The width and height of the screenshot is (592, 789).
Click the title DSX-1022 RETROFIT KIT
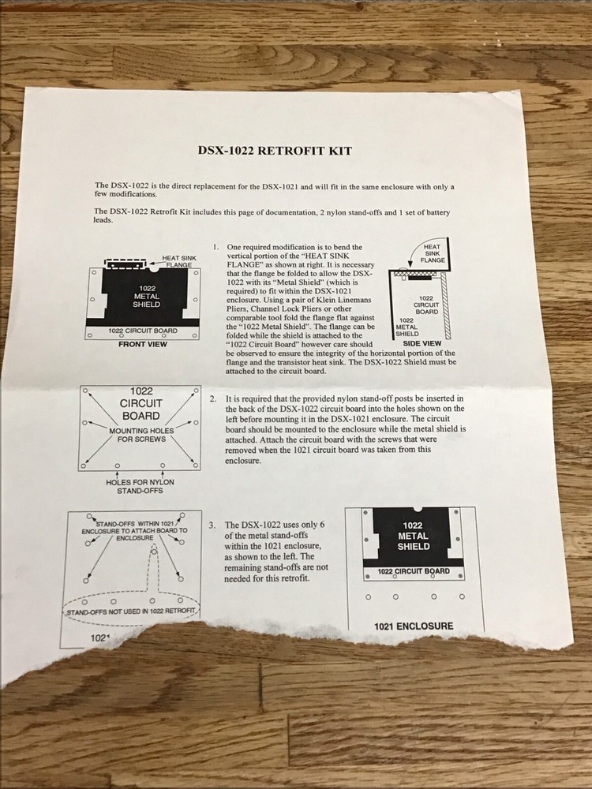pyautogui.click(x=275, y=151)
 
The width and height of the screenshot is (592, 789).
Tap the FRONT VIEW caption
pyautogui.click(x=142, y=344)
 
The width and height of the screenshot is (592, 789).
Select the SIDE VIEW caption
pyautogui.click(x=422, y=343)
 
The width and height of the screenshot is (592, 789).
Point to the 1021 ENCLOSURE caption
pyautogui.click(x=414, y=626)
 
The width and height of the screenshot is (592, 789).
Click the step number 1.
pyautogui.click(x=215, y=247)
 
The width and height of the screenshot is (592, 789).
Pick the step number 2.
pyautogui.click(x=213, y=398)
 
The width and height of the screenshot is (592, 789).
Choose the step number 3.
pyautogui.click(x=212, y=525)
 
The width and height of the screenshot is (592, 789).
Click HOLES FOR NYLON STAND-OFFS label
pyautogui.click(x=140, y=486)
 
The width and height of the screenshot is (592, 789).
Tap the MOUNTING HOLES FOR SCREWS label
pyautogui.click(x=141, y=435)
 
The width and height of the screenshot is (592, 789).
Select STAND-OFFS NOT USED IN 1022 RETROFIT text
pyautogui.click(x=131, y=611)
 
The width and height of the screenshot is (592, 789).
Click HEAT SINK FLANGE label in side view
pyautogui.click(x=433, y=253)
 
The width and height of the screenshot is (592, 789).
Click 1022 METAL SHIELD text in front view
pyautogui.click(x=147, y=297)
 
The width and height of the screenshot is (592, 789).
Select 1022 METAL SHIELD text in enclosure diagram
pyautogui.click(x=413, y=536)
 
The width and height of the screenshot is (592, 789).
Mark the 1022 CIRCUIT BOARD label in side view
pyautogui.click(x=426, y=305)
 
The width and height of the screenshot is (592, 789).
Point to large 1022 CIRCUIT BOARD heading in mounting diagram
pyautogui.click(x=141, y=403)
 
